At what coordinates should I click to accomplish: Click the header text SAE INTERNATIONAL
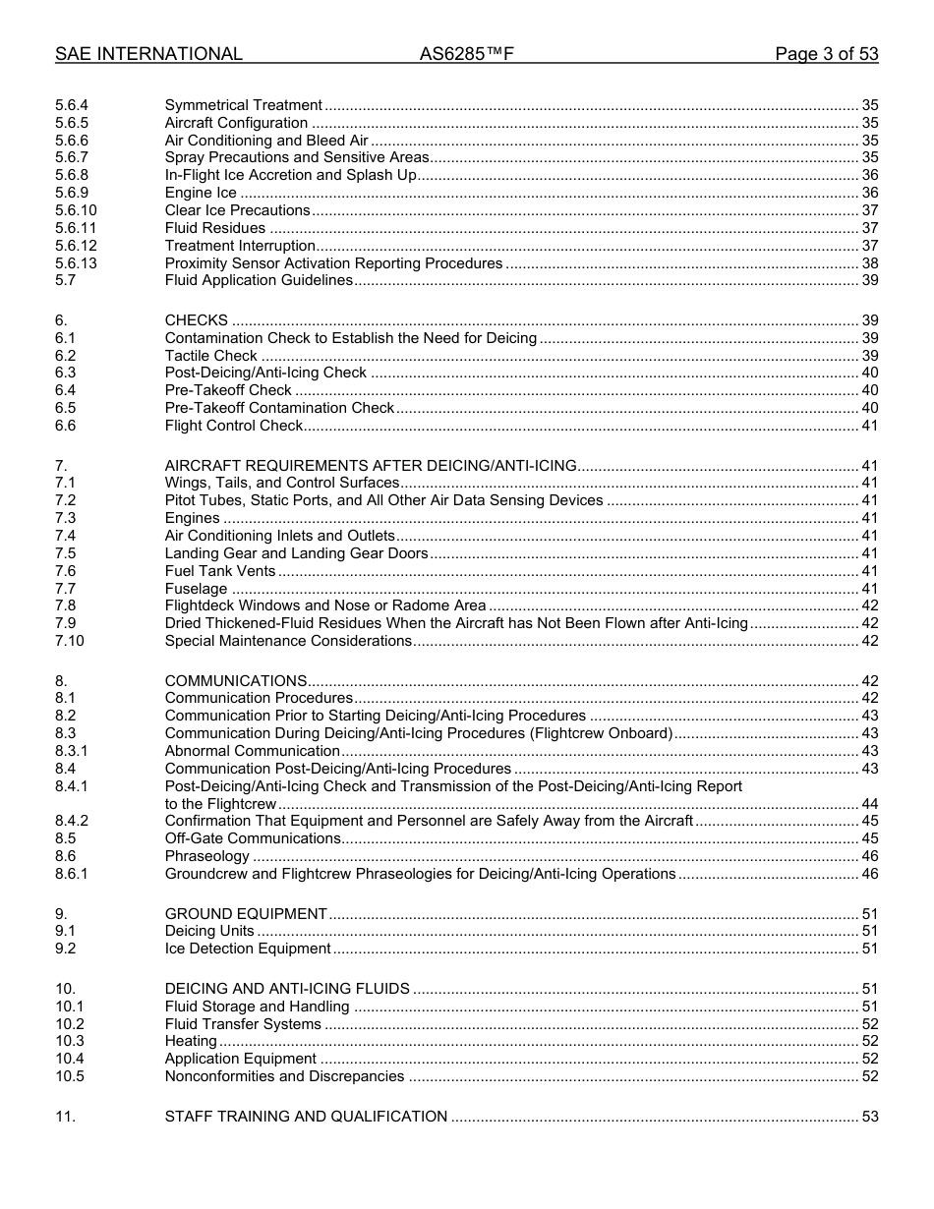148,55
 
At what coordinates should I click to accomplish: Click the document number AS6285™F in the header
466,55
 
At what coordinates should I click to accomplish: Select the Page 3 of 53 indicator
826,55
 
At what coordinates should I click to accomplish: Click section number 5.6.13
76,263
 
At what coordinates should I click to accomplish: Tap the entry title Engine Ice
201,193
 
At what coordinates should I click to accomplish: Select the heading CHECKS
197,320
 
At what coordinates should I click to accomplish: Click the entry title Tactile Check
210,356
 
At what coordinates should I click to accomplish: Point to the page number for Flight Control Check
869,426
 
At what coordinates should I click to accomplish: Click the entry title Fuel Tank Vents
220,571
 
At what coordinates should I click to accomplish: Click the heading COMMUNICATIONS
236,681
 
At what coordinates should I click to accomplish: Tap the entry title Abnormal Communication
253,751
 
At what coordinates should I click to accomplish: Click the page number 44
869,804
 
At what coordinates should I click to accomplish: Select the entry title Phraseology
207,856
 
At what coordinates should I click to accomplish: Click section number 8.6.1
72,874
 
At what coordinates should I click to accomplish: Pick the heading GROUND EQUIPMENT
246,914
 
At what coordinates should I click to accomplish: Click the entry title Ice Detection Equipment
248,949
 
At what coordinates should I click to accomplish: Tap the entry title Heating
191,1041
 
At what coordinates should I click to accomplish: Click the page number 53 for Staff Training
869,1117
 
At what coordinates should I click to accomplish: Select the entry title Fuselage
197,589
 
